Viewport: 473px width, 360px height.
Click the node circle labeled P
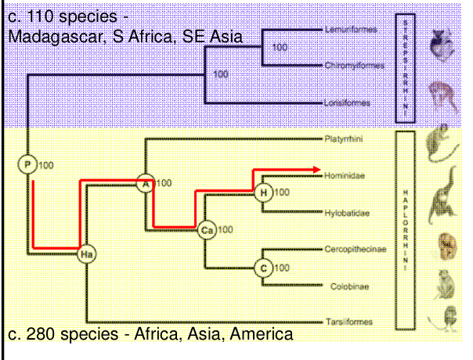[29, 164]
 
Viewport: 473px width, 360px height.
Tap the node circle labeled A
[145, 182]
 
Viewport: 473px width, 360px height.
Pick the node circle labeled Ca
[207, 229]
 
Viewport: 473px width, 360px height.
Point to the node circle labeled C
[264, 268]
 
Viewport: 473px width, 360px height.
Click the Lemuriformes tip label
[350, 30]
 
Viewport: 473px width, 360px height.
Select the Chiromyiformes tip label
[354, 65]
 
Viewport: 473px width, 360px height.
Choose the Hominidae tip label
[345, 177]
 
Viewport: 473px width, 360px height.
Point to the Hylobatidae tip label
[346, 212]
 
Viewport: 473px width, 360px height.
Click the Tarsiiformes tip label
[348, 322]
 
